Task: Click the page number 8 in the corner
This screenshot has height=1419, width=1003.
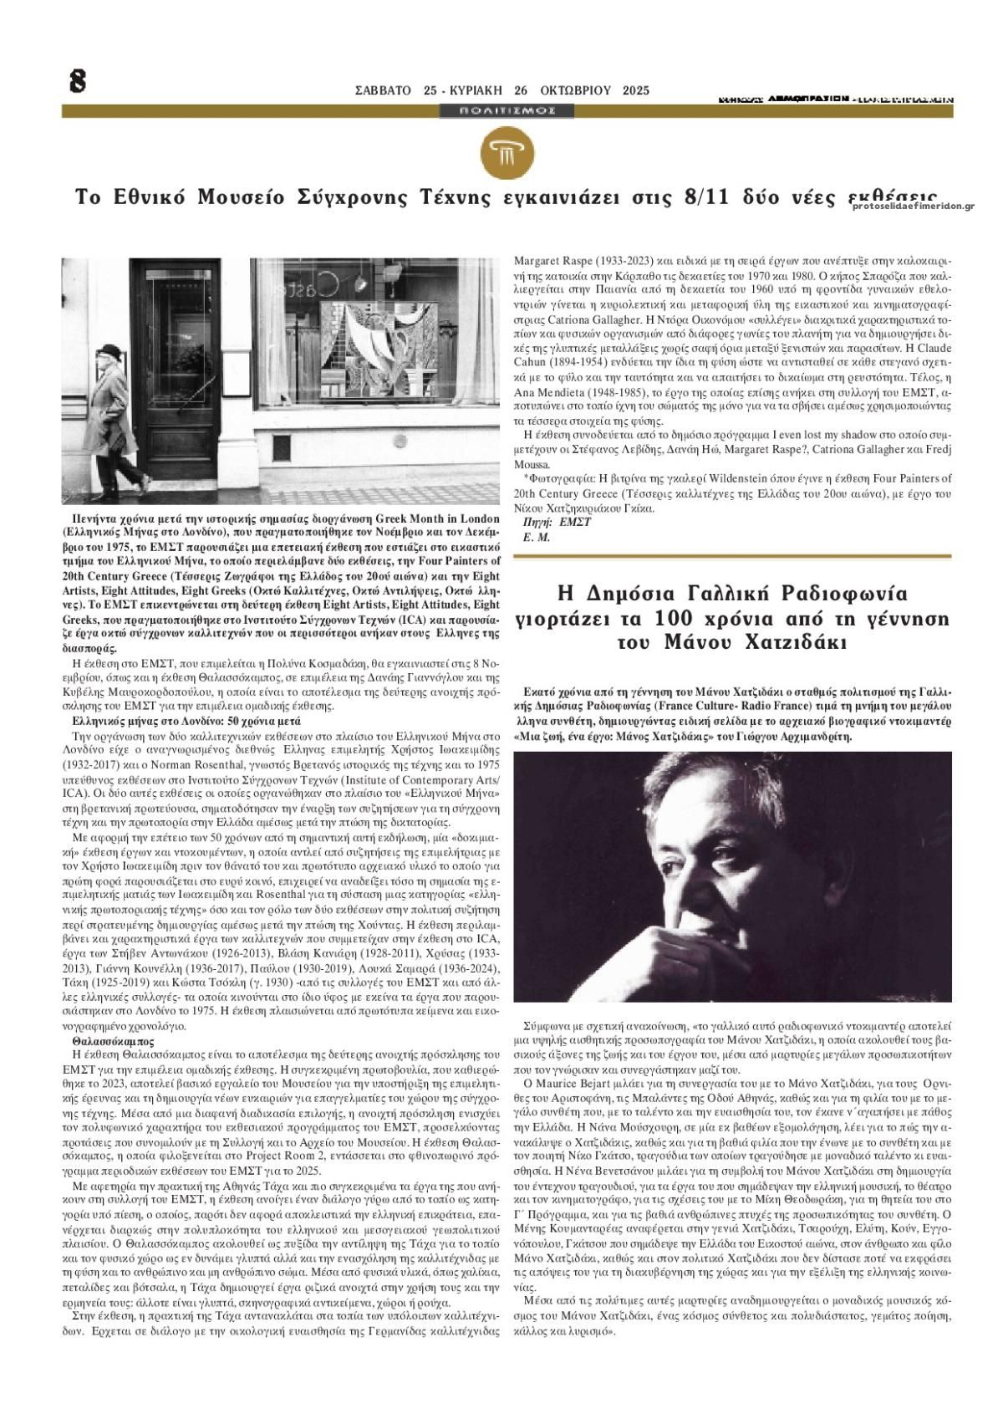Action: [x=79, y=81]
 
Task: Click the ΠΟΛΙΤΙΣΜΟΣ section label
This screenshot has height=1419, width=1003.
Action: [x=501, y=110]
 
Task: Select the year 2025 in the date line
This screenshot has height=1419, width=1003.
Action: [x=636, y=90]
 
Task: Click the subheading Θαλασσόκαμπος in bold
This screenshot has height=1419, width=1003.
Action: [x=114, y=1042]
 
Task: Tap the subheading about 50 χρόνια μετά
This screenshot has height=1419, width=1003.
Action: [x=181, y=720]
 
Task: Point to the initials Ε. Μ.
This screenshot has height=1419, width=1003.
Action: [x=536, y=537]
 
